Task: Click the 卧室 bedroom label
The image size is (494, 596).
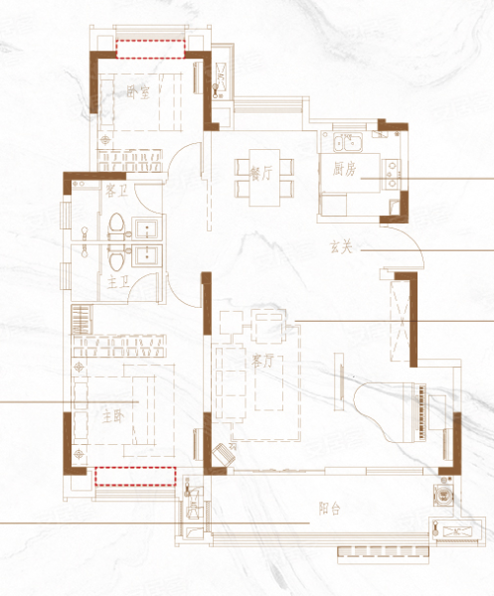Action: pyautogui.click(x=138, y=92)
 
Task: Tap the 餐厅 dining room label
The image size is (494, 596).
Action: pyautogui.click(x=260, y=174)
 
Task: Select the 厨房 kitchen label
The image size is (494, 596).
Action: pyautogui.click(x=344, y=169)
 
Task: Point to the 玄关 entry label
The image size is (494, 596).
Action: pyautogui.click(x=341, y=247)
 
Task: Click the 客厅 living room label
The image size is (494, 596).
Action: pyautogui.click(x=262, y=361)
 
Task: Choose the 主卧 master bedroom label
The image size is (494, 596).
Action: pyautogui.click(x=113, y=417)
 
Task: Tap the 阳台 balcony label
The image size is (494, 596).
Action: pyautogui.click(x=329, y=509)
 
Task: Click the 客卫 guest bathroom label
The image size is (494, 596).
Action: pyautogui.click(x=116, y=191)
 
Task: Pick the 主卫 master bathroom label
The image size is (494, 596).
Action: pyautogui.click(x=117, y=282)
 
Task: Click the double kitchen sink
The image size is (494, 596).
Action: pyautogui.click(x=348, y=142)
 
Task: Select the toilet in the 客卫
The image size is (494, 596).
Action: pyautogui.click(x=116, y=225)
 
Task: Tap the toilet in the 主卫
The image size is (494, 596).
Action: pyautogui.click(x=116, y=257)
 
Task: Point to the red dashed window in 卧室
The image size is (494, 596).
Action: pyautogui.click(x=150, y=49)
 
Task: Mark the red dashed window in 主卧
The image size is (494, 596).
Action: pyautogui.click(x=135, y=477)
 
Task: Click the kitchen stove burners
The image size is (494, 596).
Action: pyautogui.click(x=392, y=175)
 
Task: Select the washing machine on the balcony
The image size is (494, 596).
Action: pyautogui.click(x=442, y=496)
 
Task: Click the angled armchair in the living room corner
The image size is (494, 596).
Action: pyautogui.click(x=224, y=454)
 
